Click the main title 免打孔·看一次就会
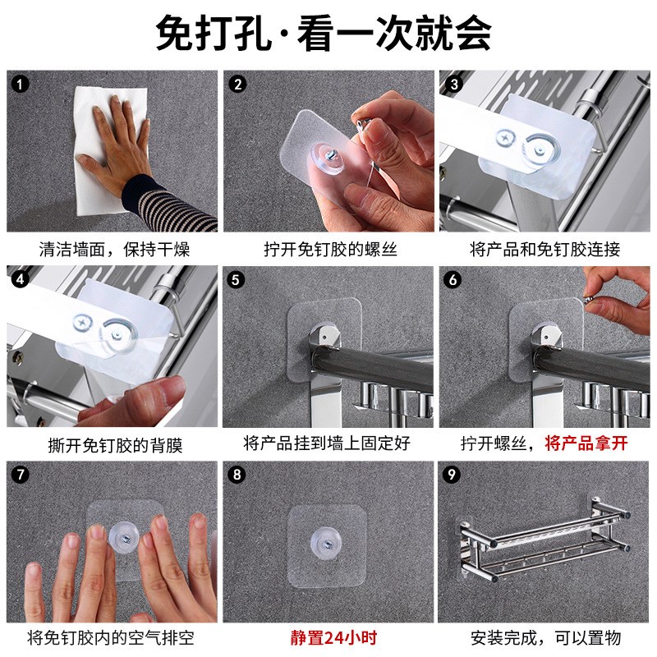click(x=323, y=33)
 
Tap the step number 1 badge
click(x=20, y=85)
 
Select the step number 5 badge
click(x=236, y=279)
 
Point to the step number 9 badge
click(x=451, y=475)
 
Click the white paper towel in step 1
click(x=110, y=149)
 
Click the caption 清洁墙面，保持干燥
click(x=114, y=250)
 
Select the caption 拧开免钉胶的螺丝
click(x=331, y=250)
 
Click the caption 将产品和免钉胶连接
click(x=544, y=250)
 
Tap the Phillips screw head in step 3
click(x=506, y=138)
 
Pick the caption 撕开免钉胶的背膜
click(x=115, y=444)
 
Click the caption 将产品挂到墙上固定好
click(x=327, y=443)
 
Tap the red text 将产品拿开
click(x=586, y=443)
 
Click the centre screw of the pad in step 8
click(x=328, y=545)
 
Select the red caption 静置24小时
click(x=333, y=638)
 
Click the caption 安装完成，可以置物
click(x=545, y=638)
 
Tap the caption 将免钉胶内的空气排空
click(x=111, y=638)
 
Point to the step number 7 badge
click(x=20, y=475)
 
